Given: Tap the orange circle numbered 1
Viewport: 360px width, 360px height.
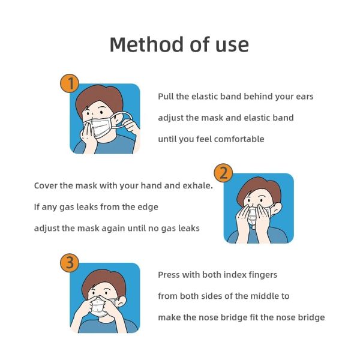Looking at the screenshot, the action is point(70,83).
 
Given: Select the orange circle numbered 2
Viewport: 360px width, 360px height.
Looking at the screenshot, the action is point(224,173).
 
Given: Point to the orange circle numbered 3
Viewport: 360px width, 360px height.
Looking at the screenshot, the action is point(70,263).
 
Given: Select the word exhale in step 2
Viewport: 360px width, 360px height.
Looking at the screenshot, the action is point(197,185).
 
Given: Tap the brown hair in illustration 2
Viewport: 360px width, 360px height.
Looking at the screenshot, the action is point(259,187).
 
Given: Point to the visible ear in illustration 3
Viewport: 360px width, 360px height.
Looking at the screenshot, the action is point(122,301).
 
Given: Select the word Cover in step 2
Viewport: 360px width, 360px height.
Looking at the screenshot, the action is point(46,185).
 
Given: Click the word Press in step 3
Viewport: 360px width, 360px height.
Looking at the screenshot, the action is point(169,275).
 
